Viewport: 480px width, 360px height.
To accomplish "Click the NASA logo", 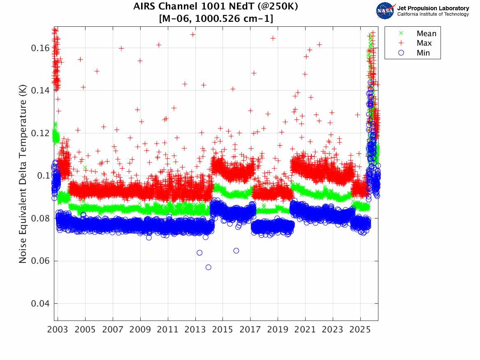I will click(385, 11).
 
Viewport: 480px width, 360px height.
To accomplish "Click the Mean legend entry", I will click(426, 34).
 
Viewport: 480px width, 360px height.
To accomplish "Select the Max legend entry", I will click(424, 43).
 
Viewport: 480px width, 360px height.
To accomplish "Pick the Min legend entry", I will click(423, 53).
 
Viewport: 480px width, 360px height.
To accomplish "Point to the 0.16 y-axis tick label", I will click(40, 48).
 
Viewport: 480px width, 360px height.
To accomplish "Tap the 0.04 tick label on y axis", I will click(40, 304).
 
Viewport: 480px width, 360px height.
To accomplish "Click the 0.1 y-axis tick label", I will click(43, 176).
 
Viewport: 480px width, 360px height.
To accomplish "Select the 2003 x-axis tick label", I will click(58, 330).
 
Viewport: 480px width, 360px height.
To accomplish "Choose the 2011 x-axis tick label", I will click(168, 330).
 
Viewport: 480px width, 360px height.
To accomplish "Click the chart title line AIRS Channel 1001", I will click(216, 7).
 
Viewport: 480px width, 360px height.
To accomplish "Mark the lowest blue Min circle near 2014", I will click(209, 267).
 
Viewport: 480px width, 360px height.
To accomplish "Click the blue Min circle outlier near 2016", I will click(236, 251).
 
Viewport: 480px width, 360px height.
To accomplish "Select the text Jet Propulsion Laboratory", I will click(433, 8).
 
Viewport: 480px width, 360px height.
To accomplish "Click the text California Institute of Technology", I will click(433, 14).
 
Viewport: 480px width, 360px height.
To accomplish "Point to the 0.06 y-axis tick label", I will click(40, 261).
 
